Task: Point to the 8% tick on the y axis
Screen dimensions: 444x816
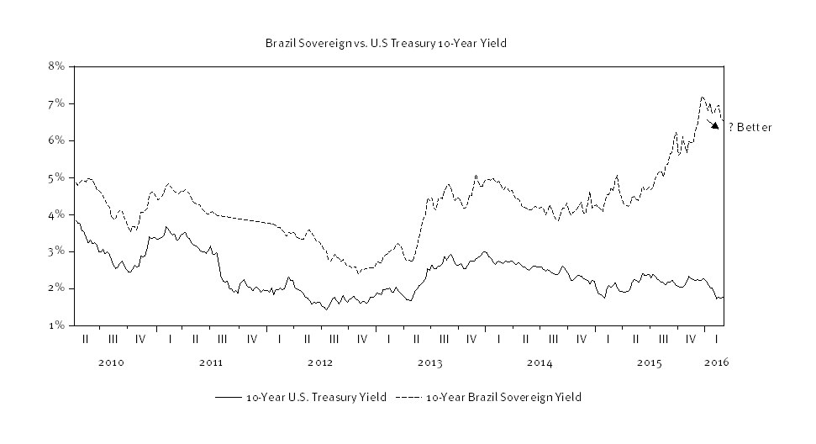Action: pos(57,66)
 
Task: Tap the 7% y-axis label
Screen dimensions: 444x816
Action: pos(57,103)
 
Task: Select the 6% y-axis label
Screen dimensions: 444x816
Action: pos(57,140)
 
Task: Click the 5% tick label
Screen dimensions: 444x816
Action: pos(57,177)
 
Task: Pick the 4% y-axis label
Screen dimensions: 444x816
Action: pos(57,214)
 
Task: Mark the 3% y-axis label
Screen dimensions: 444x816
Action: pos(57,251)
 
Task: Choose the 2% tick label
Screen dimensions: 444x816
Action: pos(57,288)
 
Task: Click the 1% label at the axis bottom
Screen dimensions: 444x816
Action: pos(57,325)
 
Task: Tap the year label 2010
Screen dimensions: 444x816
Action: pos(112,363)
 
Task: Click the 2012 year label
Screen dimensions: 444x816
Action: pos(320,363)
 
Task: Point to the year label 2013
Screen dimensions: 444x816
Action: pos(430,363)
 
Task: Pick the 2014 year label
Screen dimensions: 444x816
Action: pos(540,363)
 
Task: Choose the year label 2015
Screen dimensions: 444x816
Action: pos(650,363)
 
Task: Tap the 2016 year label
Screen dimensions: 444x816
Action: pos(715,363)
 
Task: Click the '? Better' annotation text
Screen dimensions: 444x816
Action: pos(750,128)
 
